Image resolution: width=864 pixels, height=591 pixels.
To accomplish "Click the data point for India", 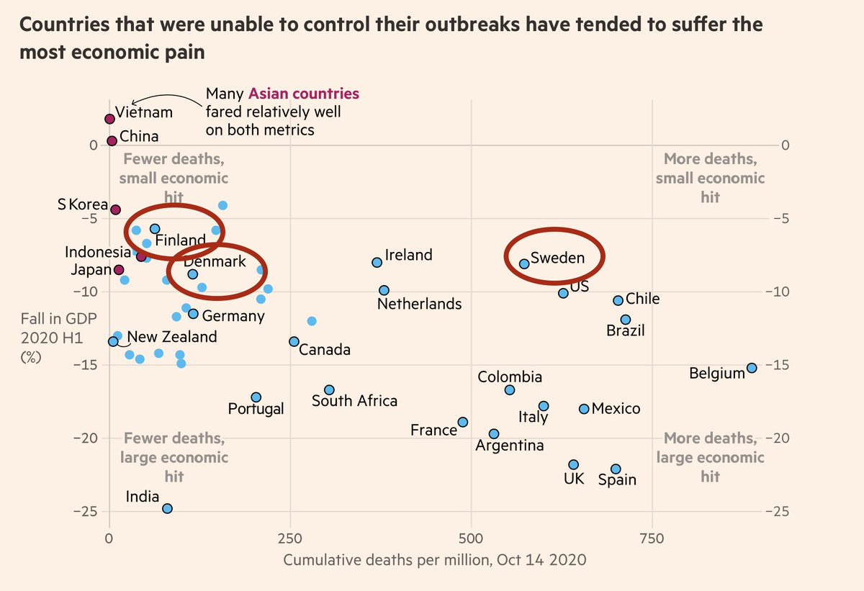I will (167, 508).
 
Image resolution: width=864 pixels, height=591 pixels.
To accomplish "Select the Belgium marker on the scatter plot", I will (752, 368).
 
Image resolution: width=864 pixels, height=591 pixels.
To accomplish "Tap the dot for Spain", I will (616, 469).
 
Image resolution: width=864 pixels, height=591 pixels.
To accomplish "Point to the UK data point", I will (573, 465).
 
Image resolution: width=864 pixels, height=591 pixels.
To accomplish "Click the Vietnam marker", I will (109, 119).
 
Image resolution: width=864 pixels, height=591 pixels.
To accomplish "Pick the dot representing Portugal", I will (256, 397).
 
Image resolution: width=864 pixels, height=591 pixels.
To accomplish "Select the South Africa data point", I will (329, 389).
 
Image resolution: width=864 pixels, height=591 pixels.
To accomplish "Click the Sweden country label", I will (557, 258).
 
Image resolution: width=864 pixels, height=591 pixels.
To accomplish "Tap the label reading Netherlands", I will (419, 304).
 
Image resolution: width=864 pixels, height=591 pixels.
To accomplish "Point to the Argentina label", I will (510, 446).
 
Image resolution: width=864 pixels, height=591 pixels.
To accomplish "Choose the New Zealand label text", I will (171, 337).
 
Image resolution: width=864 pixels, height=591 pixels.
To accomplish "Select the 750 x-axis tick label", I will (652, 538).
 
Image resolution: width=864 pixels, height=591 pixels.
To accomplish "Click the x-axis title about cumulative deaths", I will (435, 559).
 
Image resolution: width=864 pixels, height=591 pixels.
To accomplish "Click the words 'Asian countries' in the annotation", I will (303, 94).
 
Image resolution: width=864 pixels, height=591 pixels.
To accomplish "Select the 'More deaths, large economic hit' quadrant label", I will (710, 457).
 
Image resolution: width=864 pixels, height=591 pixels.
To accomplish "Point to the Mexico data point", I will (584, 409).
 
